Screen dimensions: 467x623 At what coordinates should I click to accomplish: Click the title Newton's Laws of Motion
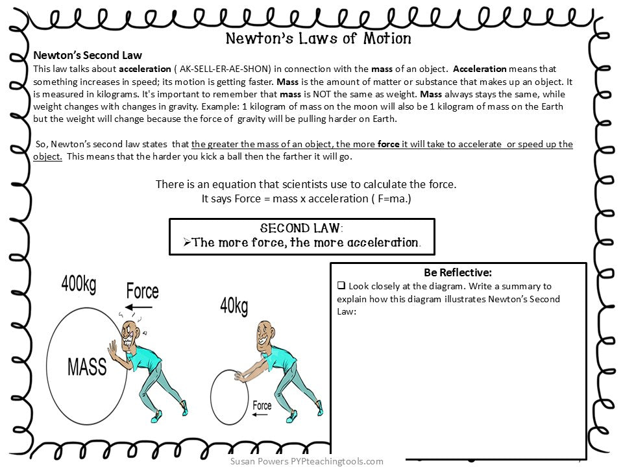[x=318, y=38]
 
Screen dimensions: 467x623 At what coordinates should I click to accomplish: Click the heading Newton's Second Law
[x=88, y=56]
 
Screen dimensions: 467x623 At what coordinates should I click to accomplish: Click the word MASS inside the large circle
[x=87, y=366]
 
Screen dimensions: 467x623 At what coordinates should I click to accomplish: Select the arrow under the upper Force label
[x=139, y=307]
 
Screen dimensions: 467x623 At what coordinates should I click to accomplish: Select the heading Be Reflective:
[x=458, y=272]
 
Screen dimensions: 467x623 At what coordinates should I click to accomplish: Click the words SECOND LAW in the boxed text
[x=300, y=228]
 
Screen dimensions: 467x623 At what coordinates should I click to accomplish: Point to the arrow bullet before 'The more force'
[x=186, y=243]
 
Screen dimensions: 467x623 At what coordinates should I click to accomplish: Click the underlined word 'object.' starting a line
[x=47, y=157]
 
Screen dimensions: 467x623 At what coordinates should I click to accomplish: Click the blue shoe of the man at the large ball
[x=184, y=408]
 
